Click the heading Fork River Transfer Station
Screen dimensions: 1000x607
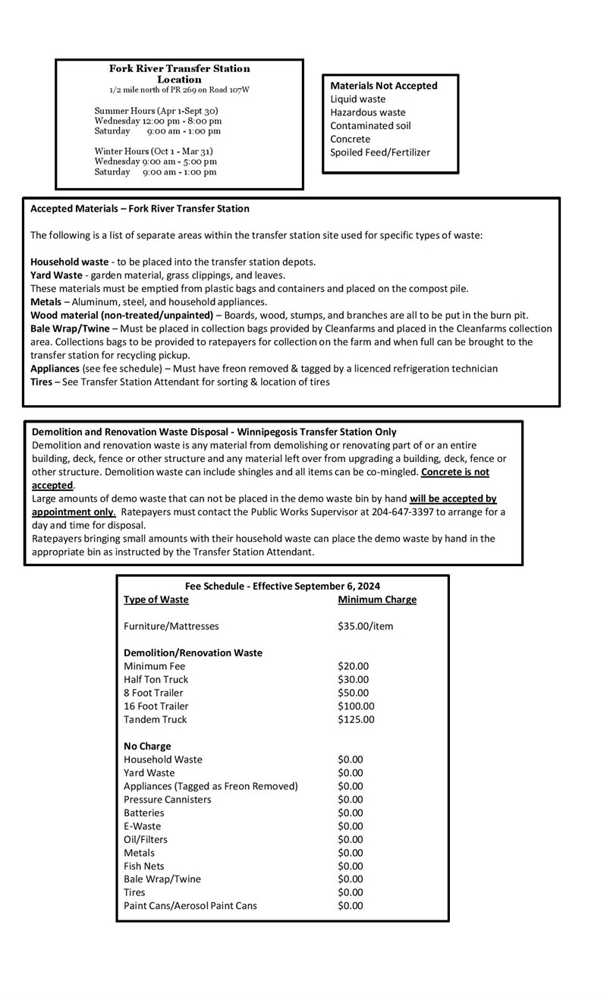click(179, 68)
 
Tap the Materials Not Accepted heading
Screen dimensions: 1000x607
click(384, 86)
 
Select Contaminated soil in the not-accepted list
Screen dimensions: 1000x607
click(370, 126)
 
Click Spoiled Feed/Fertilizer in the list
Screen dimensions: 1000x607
click(380, 153)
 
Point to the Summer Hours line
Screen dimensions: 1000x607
click(156, 111)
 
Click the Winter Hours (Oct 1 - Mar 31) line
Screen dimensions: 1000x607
click(154, 151)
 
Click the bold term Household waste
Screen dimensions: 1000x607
click(70, 262)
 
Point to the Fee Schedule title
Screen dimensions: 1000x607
click(282, 586)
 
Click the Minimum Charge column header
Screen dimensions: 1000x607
click(377, 599)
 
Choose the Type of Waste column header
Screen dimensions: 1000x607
click(156, 599)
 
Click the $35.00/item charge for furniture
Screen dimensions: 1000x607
click(366, 626)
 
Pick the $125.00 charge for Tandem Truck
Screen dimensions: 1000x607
click(356, 719)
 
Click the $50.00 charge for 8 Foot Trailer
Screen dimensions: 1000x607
click(354, 693)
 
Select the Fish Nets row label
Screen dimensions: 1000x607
click(144, 866)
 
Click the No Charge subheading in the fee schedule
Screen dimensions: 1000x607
click(147, 746)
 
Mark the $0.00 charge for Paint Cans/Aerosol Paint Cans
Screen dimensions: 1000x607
click(351, 905)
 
